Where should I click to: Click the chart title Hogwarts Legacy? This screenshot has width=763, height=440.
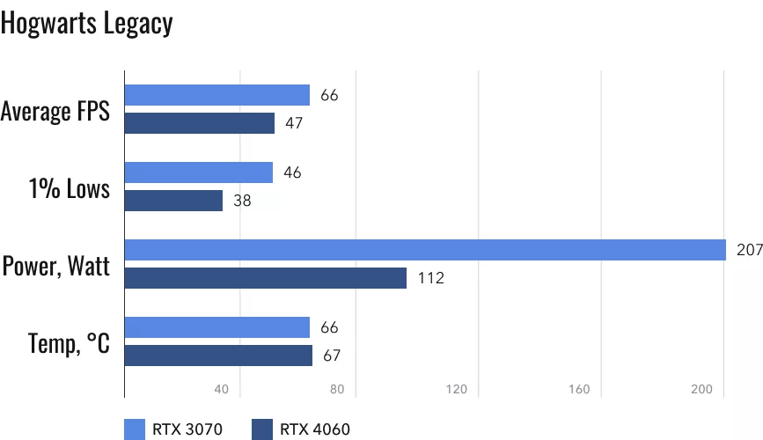click(86, 24)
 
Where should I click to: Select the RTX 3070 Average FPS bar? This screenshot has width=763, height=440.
click(217, 95)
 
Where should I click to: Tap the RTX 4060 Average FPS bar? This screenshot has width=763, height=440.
click(200, 123)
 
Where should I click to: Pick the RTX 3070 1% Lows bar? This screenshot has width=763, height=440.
click(199, 172)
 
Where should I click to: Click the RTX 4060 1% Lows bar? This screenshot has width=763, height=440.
click(174, 201)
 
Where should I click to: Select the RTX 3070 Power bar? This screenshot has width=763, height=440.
click(425, 250)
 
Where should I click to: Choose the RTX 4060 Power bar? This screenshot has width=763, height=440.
click(266, 278)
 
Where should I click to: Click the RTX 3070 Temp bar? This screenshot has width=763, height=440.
click(217, 327)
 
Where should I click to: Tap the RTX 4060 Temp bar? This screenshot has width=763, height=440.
click(218, 356)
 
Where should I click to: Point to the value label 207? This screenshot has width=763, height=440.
click(748, 251)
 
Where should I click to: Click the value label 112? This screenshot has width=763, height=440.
click(431, 279)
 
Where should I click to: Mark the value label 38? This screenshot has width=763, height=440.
click(242, 202)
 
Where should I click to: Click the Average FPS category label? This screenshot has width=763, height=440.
click(55, 111)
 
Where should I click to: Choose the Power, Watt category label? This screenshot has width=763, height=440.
click(56, 265)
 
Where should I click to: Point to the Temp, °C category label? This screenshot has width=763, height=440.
click(68, 342)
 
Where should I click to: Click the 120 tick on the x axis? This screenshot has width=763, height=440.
click(455, 389)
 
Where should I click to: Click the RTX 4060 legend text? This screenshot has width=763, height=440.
click(315, 429)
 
